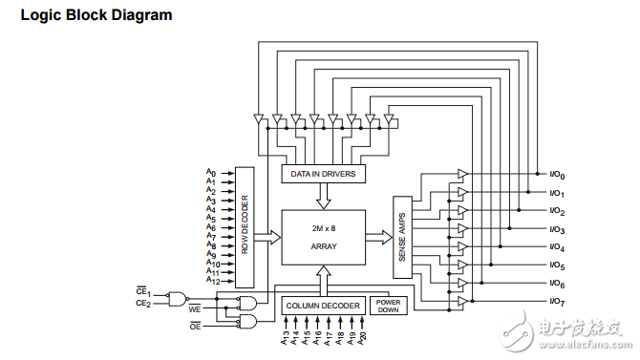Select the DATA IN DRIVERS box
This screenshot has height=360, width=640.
tap(323, 174)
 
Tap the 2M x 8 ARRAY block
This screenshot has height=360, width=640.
tap(323, 238)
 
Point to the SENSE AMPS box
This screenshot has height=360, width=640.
tap(401, 238)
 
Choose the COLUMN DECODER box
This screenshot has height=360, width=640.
tap(324, 306)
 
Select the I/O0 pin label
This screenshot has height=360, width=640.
tap(557, 176)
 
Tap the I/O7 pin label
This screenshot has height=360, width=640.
tap(557, 302)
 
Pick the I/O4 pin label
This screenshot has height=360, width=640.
tap(557, 248)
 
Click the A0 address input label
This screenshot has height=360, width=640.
tap(210, 172)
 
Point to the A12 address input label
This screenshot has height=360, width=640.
tap(211, 282)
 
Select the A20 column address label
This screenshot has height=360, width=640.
tap(363, 338)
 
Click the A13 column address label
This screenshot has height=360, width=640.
tap(284, 338)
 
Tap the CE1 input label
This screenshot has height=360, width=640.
tap(143, 293)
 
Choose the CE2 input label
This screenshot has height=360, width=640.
tap(143, 304)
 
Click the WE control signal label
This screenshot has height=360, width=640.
tap(194, 310)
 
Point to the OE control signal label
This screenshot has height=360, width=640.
tap(194, 327)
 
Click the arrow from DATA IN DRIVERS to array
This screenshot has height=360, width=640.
tap(323, 196)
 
